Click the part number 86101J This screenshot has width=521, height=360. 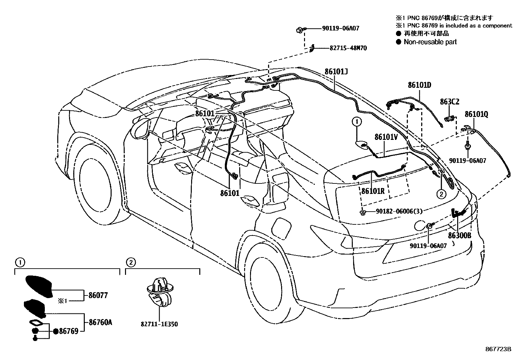pos(336,71)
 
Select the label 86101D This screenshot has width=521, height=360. pos(419,85)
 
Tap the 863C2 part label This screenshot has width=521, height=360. pos(449,102)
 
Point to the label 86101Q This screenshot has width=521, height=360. pos(476,114)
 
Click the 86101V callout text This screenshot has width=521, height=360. pos(386,137)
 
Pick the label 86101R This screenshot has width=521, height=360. pos(373,191)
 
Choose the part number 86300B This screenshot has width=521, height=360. pos(459,236)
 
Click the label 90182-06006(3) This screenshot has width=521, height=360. pos(399,211)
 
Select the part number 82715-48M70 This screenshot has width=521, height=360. pos(348,48)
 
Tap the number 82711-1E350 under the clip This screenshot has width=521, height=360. pos(159,324)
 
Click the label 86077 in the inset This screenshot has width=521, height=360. pos(98,295)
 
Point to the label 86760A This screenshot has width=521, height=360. pos(100,322)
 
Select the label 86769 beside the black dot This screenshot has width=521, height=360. pos(69,331)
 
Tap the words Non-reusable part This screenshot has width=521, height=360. pos(430,42)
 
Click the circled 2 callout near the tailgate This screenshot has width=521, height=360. pos(441,194)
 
